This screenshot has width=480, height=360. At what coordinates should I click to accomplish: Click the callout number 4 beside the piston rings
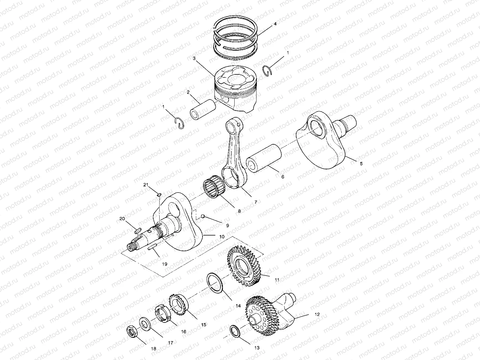[x=275, y=23]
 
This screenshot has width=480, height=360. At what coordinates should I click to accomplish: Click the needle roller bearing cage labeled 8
[x=214, y=188]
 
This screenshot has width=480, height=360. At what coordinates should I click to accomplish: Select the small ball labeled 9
[x=203, y=216]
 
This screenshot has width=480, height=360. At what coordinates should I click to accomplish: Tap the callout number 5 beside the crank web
[x=361, y=163]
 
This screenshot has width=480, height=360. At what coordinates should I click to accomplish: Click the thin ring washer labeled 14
[x=215, y=283]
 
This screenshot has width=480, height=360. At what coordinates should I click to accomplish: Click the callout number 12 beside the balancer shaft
[x=317, y=315]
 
